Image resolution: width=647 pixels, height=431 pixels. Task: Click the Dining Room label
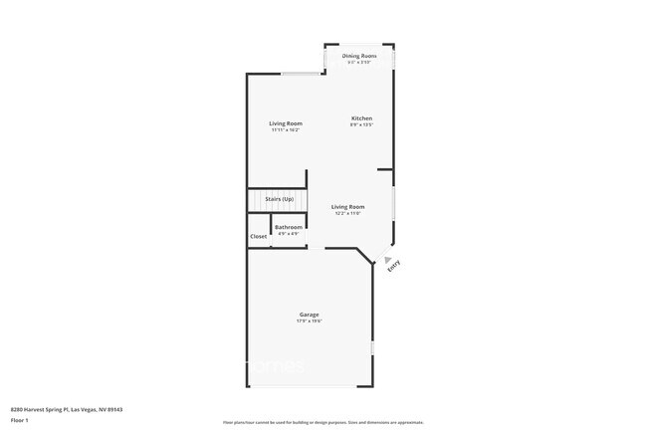359,56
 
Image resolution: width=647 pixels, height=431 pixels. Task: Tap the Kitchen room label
360,118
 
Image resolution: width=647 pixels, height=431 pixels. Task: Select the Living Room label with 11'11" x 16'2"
286,123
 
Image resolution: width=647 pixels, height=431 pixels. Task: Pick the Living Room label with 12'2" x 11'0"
347,206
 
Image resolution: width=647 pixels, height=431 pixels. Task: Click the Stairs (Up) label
279,199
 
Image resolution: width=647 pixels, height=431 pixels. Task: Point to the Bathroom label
289,227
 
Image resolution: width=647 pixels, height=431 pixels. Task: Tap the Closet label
258,236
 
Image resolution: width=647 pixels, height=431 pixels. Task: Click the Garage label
309,315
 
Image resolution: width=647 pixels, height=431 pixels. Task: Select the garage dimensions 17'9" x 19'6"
309,322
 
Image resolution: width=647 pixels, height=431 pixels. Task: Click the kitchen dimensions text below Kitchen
360,125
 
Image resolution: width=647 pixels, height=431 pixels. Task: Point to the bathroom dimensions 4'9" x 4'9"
289,234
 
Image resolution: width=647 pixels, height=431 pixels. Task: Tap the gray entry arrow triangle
387,261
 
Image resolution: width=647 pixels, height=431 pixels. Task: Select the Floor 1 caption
19,420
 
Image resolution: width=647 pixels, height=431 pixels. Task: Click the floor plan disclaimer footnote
324,422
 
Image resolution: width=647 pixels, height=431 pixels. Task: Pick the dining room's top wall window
359,45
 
